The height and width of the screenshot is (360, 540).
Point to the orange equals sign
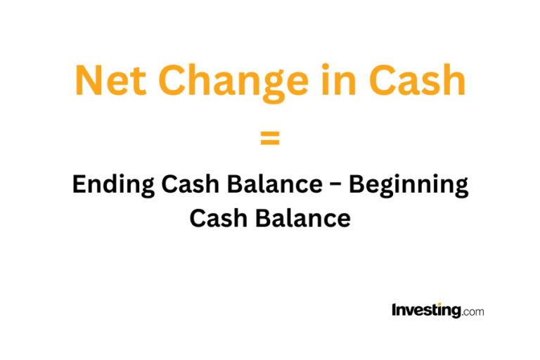[x=270, y=139]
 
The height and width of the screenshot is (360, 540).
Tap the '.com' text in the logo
[x=472, y=311]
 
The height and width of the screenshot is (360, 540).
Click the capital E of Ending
[x=79, y=185]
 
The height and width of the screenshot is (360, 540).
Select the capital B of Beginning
[x=356, y=185]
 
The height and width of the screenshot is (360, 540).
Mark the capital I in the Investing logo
[x=394, y=309]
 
